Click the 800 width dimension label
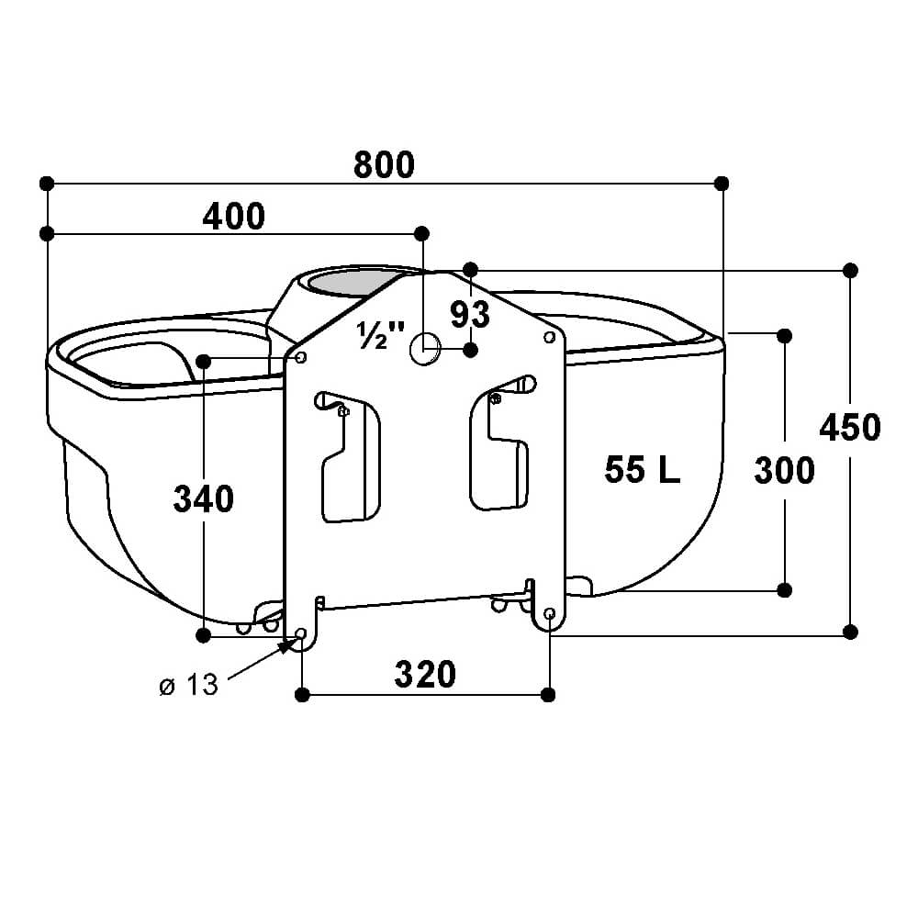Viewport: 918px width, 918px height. (x=384, y=164)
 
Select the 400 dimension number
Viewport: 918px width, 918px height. (x=233, y=216)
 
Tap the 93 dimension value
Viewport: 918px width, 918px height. (x=470, y=314)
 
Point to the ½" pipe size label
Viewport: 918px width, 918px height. (x=381, y=335)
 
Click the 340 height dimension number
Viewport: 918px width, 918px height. (x=203, y=498)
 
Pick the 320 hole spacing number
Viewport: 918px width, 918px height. (x=425, y=674)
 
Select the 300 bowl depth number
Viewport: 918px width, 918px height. (x=784, y=470)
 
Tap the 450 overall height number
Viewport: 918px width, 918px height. (x=850, y=427)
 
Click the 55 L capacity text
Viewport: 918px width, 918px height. (x=643, y=469)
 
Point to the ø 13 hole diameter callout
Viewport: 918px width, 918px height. (x=188, y=685)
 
